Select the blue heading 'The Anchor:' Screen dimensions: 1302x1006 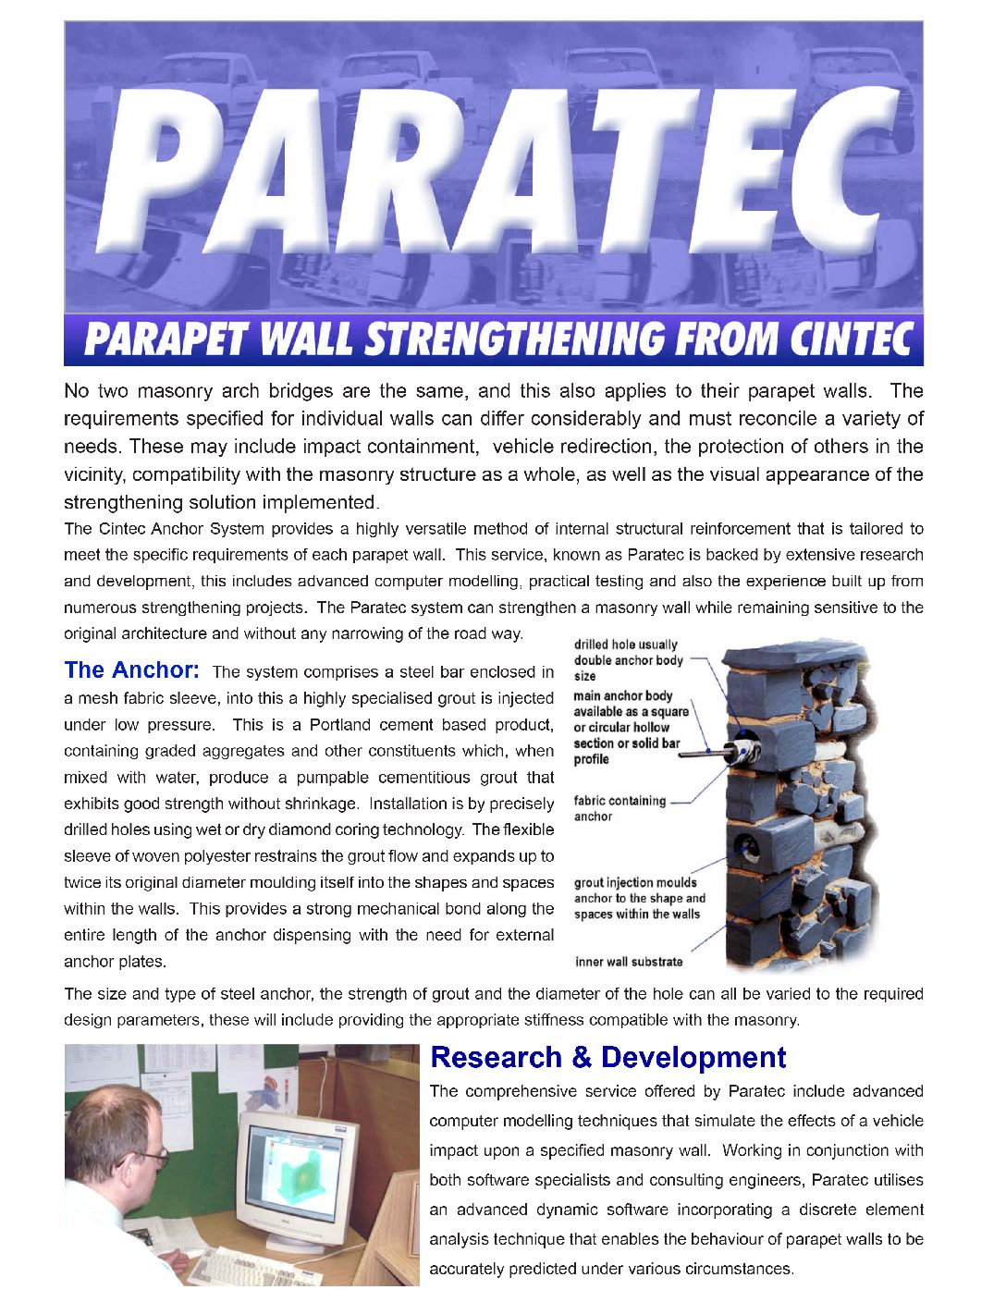pos(131,669)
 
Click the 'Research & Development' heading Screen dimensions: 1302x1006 pos(607,1057)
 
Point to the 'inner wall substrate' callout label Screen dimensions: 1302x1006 pos(629,962)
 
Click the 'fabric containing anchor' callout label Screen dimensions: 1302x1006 pos(619,808)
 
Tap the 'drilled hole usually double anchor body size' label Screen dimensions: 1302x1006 pos(628,660)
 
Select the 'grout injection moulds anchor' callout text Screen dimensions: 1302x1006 pos(638,898)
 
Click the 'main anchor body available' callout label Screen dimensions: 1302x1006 pos(631,727)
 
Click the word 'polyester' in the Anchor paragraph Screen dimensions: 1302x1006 pos(280,856)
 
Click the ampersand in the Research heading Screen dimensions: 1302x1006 pos(581,1057)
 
